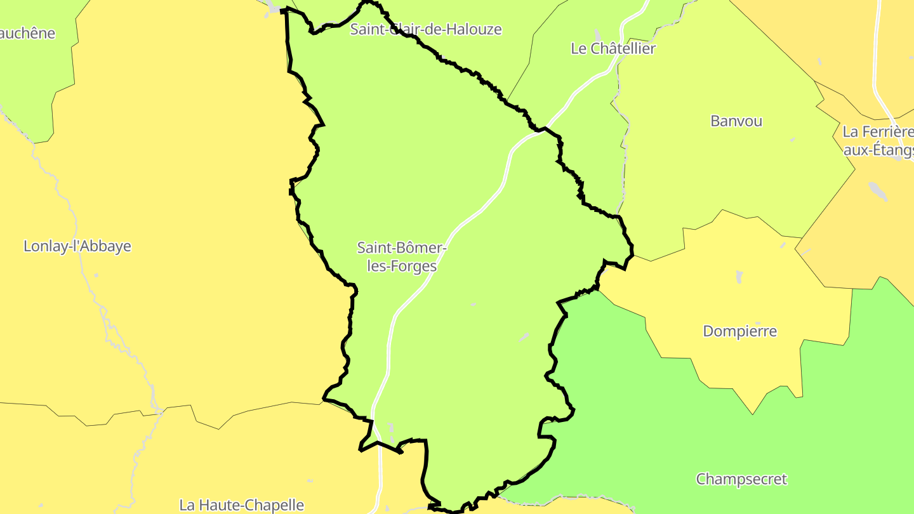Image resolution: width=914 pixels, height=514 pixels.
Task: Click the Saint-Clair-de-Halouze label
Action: (426, 29)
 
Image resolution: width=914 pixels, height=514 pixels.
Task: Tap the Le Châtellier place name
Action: (613, 48)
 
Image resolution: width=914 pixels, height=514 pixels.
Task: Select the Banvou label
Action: (736, 121)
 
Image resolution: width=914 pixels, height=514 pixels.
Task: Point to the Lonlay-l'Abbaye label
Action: (77, 246)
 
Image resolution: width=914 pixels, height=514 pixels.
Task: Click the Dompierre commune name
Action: (740, 331)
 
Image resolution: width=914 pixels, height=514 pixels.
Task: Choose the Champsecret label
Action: (741, 479)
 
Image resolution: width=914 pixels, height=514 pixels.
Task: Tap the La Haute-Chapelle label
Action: (242, 505)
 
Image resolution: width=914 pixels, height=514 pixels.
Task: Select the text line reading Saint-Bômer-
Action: (402, 248)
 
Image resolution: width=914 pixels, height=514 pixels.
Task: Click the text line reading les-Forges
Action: (402, 266)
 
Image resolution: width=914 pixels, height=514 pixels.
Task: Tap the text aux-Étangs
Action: (878, 150)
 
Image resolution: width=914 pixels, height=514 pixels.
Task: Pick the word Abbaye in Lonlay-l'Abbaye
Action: (106, 246)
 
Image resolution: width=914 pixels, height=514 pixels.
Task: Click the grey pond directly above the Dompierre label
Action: (739, 277)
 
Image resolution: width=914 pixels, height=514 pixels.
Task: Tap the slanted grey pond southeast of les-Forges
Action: (524, 337)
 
